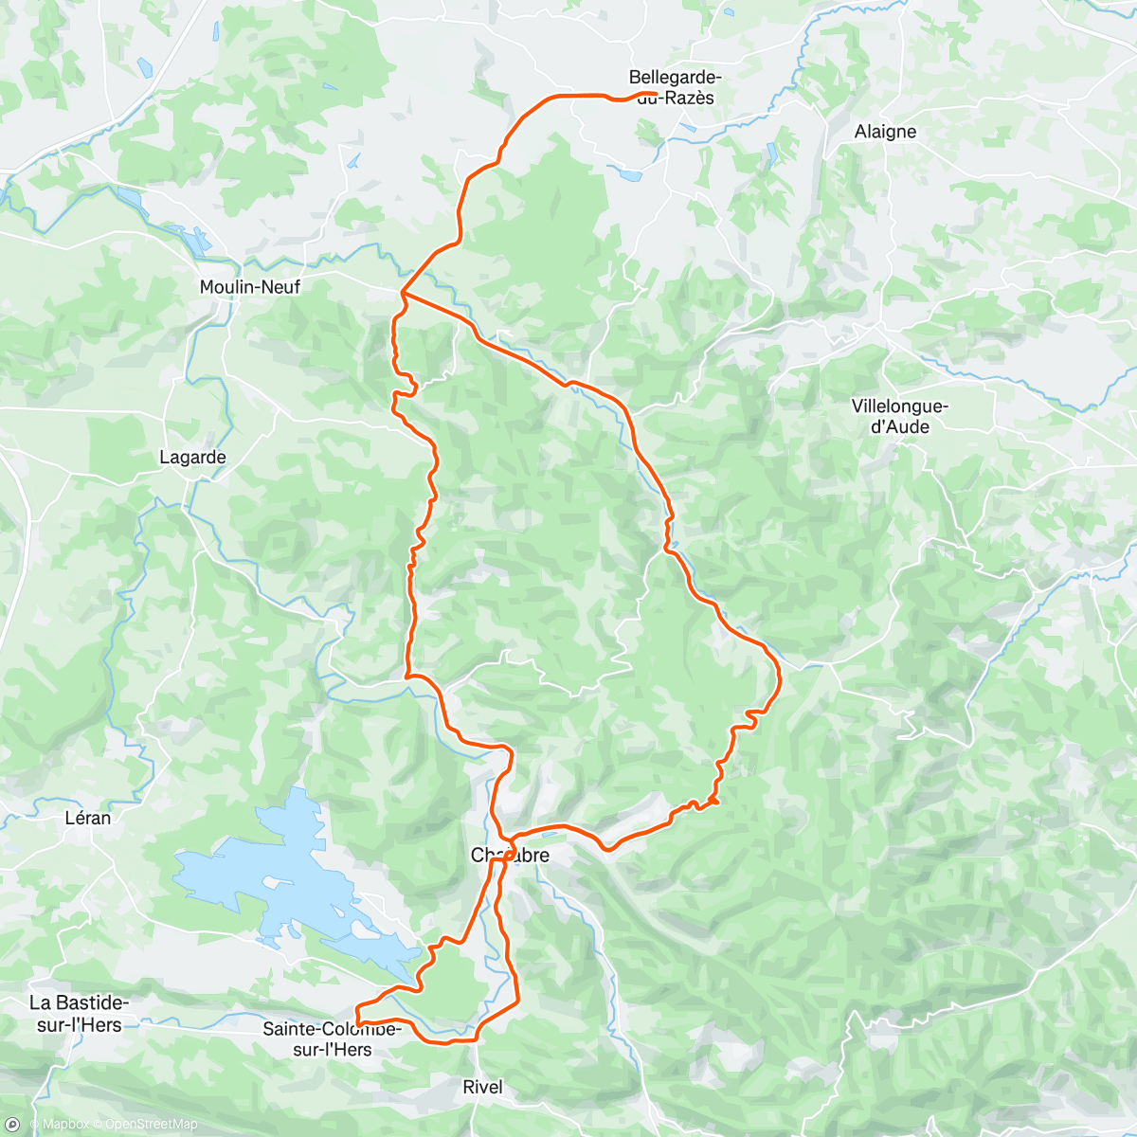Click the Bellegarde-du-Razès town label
[675, 87]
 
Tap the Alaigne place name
[885, 132]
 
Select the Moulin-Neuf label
[249, 286]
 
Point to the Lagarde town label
[192, 458]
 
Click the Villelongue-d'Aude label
[899, 417]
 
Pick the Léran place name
[87, 818]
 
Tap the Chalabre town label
[511, 856]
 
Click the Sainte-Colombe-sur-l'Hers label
[332, 1039]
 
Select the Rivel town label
[482, 1087]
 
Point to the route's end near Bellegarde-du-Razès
[656, 93]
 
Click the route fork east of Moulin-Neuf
[403, 292]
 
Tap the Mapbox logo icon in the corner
[11, 1125]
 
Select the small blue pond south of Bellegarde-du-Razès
[626, 173]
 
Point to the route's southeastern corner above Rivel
[518, 1000]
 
